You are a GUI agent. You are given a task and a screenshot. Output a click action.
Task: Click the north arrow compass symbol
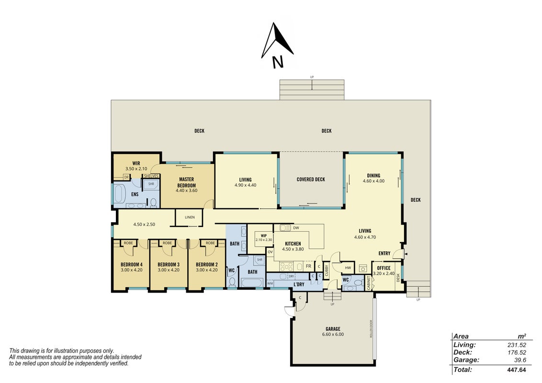(277, 45)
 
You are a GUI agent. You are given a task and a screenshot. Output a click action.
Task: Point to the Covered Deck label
(311, 180)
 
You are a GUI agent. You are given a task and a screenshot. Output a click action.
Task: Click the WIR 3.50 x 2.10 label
(136, 166)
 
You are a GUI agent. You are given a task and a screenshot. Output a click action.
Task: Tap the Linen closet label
(190, 217)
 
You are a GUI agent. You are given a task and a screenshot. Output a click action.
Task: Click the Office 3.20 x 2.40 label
(384, 270)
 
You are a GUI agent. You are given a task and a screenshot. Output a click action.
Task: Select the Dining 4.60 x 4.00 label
(373, 178)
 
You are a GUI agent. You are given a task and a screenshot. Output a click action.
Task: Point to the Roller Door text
(371, 329)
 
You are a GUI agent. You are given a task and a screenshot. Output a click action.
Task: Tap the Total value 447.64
(517, 370)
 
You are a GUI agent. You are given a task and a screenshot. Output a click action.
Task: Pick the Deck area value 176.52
(517, 352)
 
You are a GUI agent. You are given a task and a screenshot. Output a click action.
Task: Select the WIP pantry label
(264, 236)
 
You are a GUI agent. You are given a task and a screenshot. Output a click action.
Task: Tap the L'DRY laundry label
(299, 284)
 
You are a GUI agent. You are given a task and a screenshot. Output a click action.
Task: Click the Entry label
(384, 253)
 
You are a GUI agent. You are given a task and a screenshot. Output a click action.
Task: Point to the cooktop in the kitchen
(286, 267)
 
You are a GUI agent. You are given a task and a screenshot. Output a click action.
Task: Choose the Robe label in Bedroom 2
(210, 243)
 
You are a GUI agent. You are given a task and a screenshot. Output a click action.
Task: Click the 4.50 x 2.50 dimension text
(144, 225)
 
